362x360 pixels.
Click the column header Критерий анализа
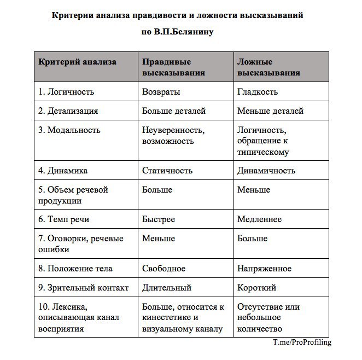[x=77, y=62]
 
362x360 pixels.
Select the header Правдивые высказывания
[x=173, y=67]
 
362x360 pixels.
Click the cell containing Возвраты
[x=161, y=92]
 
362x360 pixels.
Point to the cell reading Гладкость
[x=258, y=92]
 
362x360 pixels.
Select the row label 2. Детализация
[x=68, y=111]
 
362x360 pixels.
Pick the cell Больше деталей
[x=174, y=111]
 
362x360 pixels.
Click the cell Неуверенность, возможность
[x=173, y=136]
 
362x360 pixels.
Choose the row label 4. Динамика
[x=63, y=171]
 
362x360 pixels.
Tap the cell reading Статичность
[x=166, y=171]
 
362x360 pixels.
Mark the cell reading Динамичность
[x=266, y=171]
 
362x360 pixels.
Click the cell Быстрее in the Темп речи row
[x=159, y=219]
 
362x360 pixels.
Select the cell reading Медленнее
[x=260, y=219]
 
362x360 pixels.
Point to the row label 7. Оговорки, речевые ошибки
[x=81, y=244]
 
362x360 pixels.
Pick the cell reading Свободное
[x=164, y=269]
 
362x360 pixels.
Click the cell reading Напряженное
[x=265, y=269]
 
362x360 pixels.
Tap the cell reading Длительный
[x=167, y=288]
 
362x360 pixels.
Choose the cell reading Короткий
[x=257, y=288]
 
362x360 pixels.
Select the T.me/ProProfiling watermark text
[x=302, y=342]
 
